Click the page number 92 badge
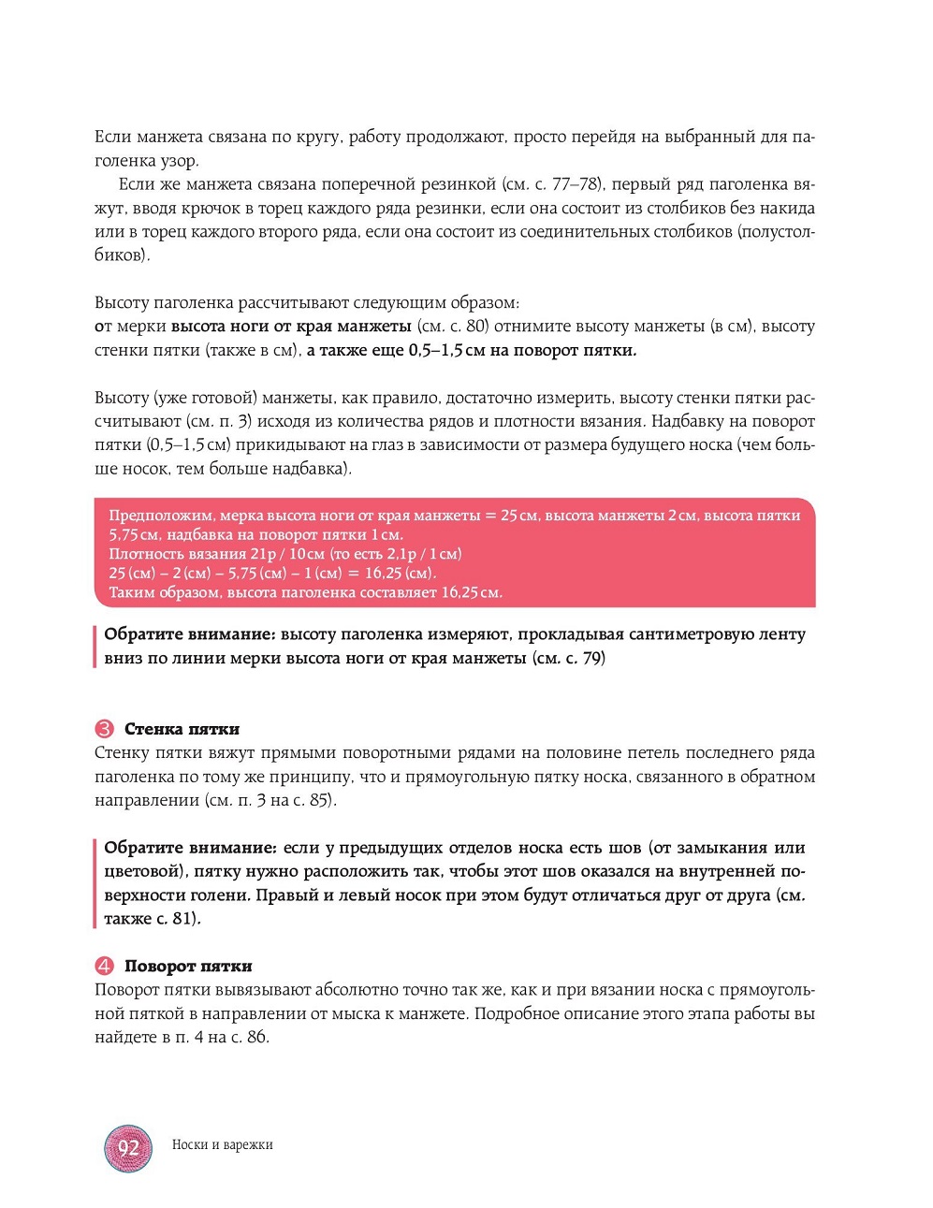click(x=128, y=1148)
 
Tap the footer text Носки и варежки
click(x=223, y=1144)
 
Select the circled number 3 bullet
click(x=104, y=729)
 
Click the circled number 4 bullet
click(x=104, y=966)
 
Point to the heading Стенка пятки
click(x=182, y=729)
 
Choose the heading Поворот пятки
click(x=188, y=966)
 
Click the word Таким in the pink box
click(x=130, y=592)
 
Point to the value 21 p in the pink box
click(x=263, y=554)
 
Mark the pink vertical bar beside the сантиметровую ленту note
click(x=95, y=647)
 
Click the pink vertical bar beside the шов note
click(x=95, y=883)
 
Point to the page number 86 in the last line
click(x=256, y=1038)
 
